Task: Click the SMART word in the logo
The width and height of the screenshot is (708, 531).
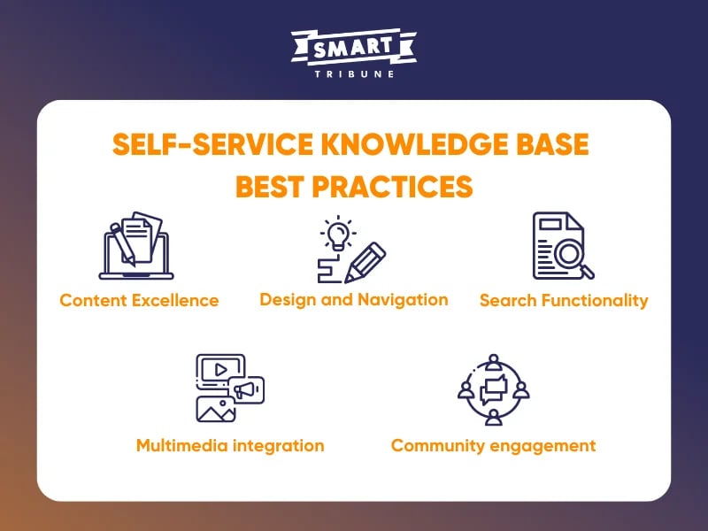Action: (353, 49)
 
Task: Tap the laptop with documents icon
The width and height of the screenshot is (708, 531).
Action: (135, 246)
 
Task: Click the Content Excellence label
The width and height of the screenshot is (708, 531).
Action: (139, 300)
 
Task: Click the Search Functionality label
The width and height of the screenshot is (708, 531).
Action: (564, 300)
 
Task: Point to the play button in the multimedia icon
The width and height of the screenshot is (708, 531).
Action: (218, 368)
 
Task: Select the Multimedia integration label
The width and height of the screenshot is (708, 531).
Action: (230, 445)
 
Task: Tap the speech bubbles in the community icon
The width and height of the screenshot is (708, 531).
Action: (493, 389)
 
